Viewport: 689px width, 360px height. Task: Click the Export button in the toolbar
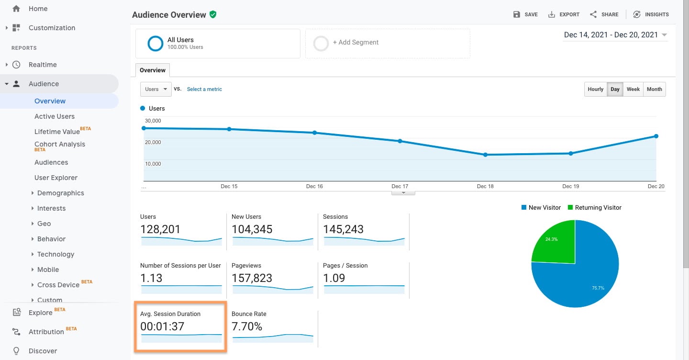(564, 14)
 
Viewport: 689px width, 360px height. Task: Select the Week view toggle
(633, 90)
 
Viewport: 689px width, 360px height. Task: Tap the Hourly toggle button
(595, 90)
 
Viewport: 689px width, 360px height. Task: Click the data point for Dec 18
(485, 155)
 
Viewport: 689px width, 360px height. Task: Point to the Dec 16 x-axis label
(314, 186)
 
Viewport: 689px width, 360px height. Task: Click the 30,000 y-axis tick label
(154, 121)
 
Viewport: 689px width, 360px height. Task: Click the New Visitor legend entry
(541, 208)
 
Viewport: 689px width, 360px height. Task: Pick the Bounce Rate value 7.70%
(247, 326)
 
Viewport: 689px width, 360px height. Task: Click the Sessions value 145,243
(343, 229)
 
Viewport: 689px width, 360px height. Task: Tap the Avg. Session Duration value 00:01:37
(162, 326)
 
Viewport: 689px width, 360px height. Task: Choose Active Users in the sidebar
(55, 116)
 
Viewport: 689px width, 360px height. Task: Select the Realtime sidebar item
(43, 65)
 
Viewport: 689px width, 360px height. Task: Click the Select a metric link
(204, 90)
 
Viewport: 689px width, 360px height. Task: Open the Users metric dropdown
(156, 90)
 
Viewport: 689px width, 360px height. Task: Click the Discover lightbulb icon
(17, 351)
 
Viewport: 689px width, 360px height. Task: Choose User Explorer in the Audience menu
(56, 178)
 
